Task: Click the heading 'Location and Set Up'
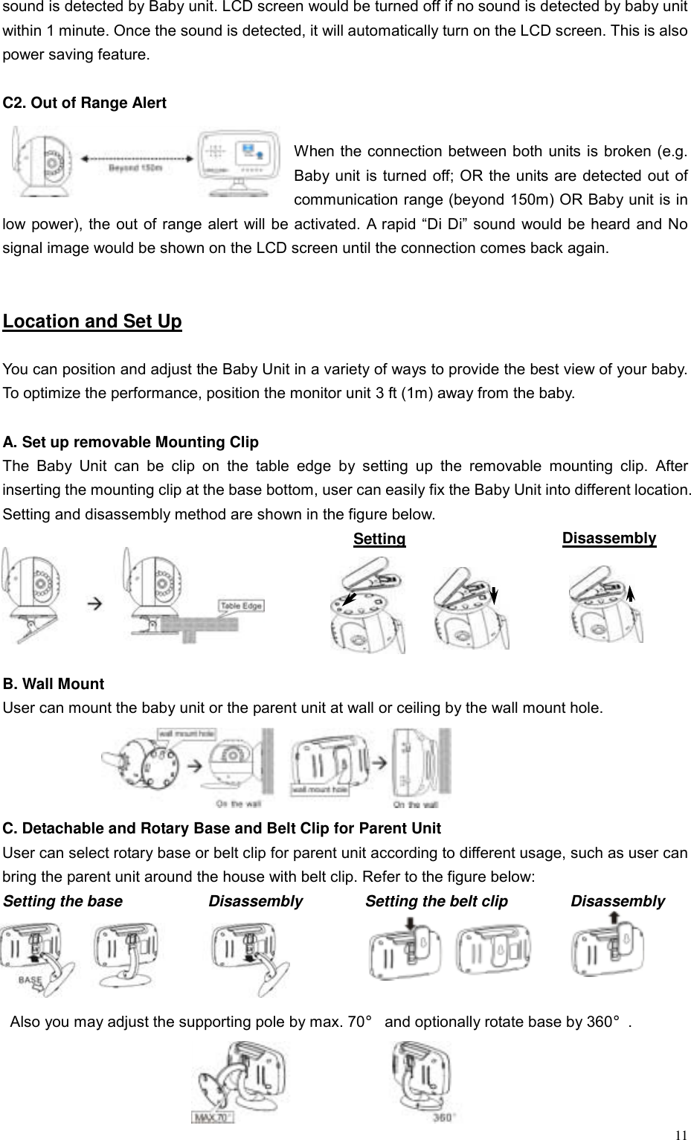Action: [92, 321]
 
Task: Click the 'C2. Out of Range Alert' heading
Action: [85, 103]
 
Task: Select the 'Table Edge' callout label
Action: [240, 606]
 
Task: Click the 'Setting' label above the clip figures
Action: [379, 539]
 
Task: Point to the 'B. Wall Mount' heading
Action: [54, 684]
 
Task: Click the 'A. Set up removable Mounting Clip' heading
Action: [131, 443]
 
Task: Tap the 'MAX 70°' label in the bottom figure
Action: [213, 1117]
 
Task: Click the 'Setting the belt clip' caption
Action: [437, 901]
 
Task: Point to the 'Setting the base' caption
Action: [63, 901]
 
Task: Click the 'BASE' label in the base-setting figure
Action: [30, 980]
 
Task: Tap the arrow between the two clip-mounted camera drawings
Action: [95, 604]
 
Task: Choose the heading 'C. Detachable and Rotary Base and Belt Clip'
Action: [222, 829]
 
